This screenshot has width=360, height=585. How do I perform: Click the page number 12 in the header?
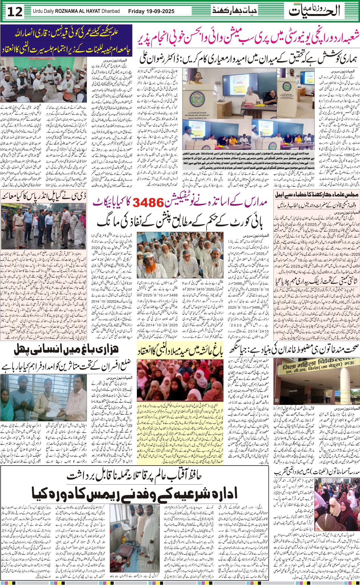point(15,12)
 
